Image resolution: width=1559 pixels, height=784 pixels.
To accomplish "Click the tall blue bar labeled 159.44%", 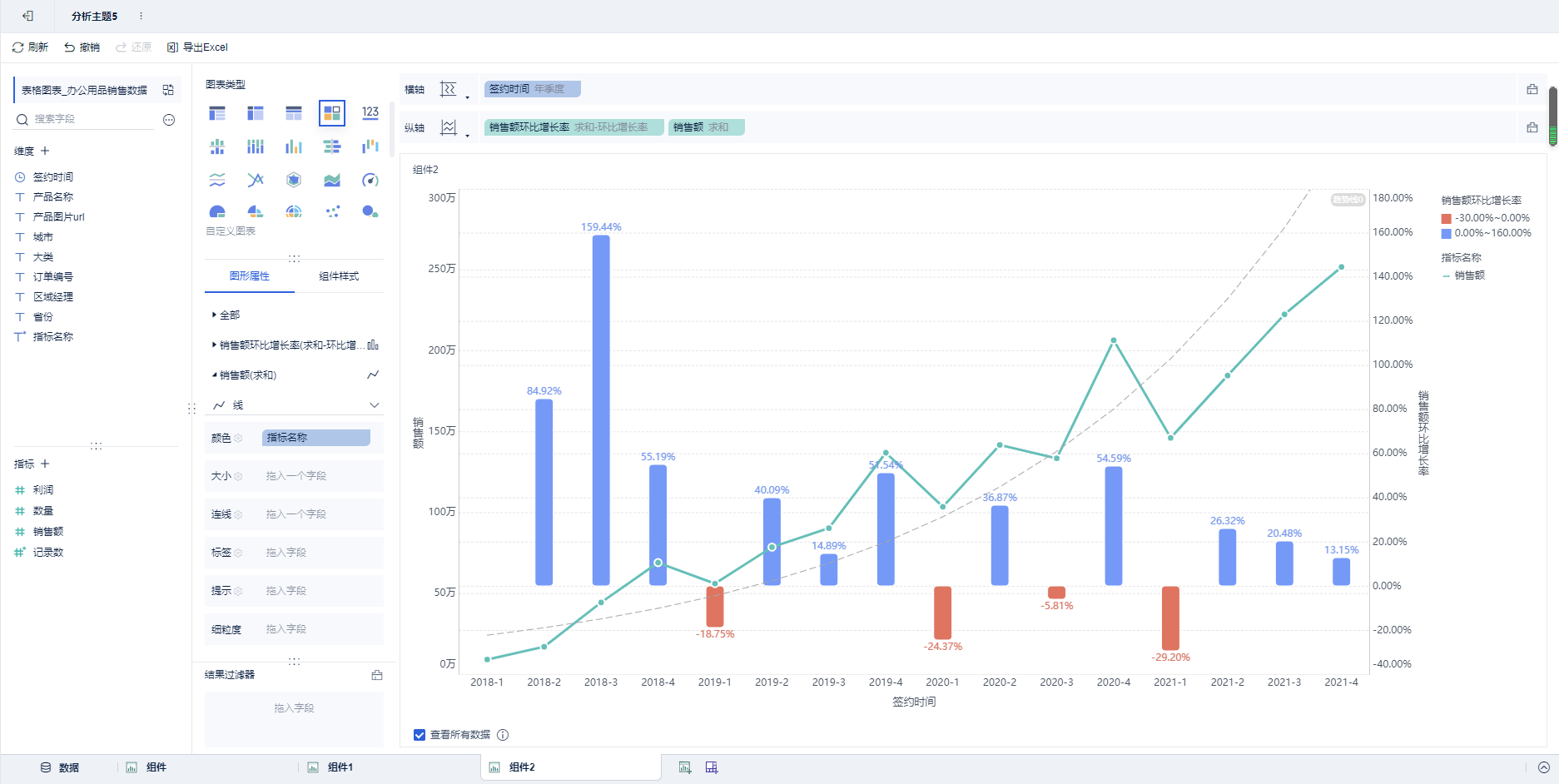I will (601, 409).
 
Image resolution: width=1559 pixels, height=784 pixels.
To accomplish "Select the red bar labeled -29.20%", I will (1170, 618).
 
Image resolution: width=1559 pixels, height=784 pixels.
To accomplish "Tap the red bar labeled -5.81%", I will (1056, 592).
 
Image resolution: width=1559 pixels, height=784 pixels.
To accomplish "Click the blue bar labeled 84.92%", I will (544, 492).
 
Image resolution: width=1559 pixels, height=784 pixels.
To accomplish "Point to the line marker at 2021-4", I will (1341, 267).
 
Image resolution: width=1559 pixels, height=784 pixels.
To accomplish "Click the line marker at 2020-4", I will (1114, 340).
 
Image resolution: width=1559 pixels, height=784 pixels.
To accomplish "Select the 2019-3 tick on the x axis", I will (828, 682).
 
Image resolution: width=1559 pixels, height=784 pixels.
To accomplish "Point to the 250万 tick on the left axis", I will (442, 269).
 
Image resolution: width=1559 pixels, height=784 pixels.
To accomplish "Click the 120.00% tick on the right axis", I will (1392, 320).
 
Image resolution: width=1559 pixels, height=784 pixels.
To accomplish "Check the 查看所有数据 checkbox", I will (420, 735).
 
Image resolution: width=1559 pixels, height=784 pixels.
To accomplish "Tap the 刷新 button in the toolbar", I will (30, 47).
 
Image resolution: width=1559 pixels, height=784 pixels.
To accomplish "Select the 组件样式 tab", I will (339, 276).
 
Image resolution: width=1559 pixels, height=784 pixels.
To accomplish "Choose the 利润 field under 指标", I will (43, 490).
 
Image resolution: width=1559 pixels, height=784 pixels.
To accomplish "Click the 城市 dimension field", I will (43, 237).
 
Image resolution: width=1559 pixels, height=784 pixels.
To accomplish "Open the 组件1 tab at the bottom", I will (340, 767).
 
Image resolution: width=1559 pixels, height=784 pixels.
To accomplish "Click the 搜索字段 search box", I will (92, 119).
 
